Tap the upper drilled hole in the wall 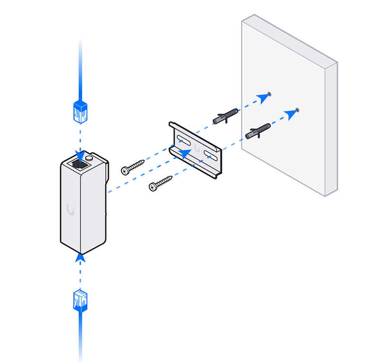pyautogui.click(x=270, y=94)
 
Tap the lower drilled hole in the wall pyautogui.click(x=297, y=110)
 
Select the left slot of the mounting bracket pyautogui.click(x=184, y=141)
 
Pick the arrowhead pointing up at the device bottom pyautogui.click(x=80, y=258)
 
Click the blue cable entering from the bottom pyautogui.click(x=80, y=336)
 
